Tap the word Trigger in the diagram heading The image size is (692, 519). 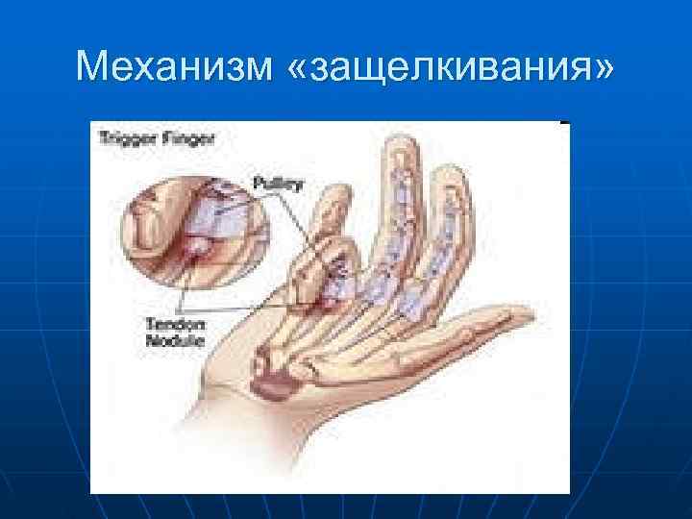click(x=123, y=137)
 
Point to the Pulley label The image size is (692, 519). click(x=278, y=183)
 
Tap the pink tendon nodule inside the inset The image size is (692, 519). click(x=200, y=250)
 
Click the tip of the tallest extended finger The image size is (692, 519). click(x=399, y=144)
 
